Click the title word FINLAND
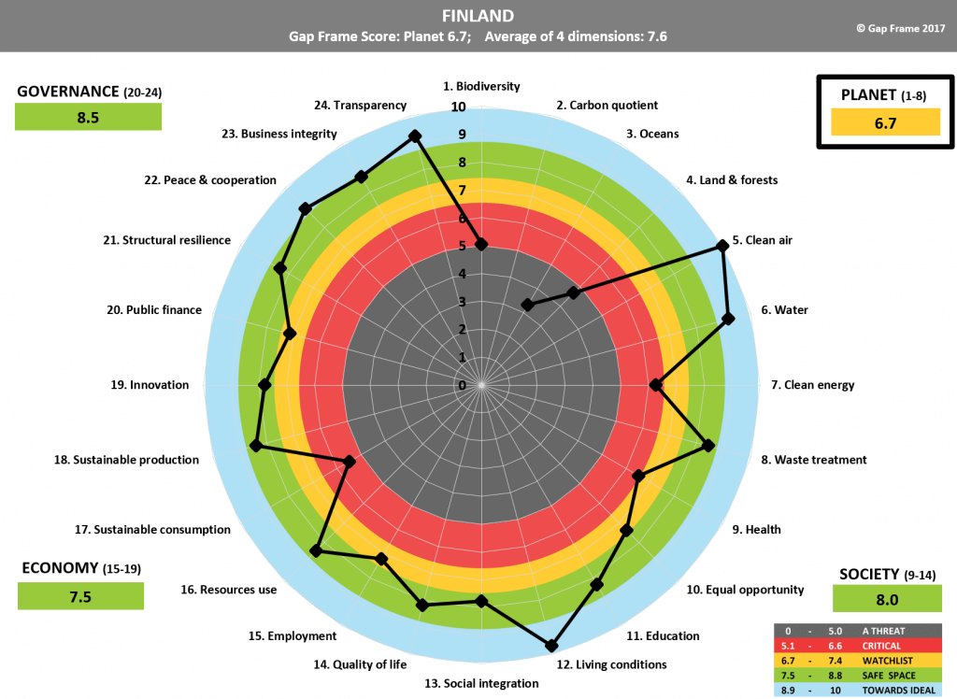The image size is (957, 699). (478, 16)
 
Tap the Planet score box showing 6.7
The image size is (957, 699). (877, 122)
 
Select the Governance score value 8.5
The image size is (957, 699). (88, 117)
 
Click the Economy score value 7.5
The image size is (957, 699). (80, 596)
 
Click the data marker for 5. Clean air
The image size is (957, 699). (721, 246)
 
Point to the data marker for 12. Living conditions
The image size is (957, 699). (551, 645)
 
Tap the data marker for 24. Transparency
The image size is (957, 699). (415, 137)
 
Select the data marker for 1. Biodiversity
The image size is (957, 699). (481, 244)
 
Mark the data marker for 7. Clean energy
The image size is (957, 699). (656, 384)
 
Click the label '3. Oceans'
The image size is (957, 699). (652, 134)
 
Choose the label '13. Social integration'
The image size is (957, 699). (481, 683)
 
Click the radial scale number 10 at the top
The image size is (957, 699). (458, 107)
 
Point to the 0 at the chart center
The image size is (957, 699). (462, 385)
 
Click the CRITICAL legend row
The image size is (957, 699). (860, 646)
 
